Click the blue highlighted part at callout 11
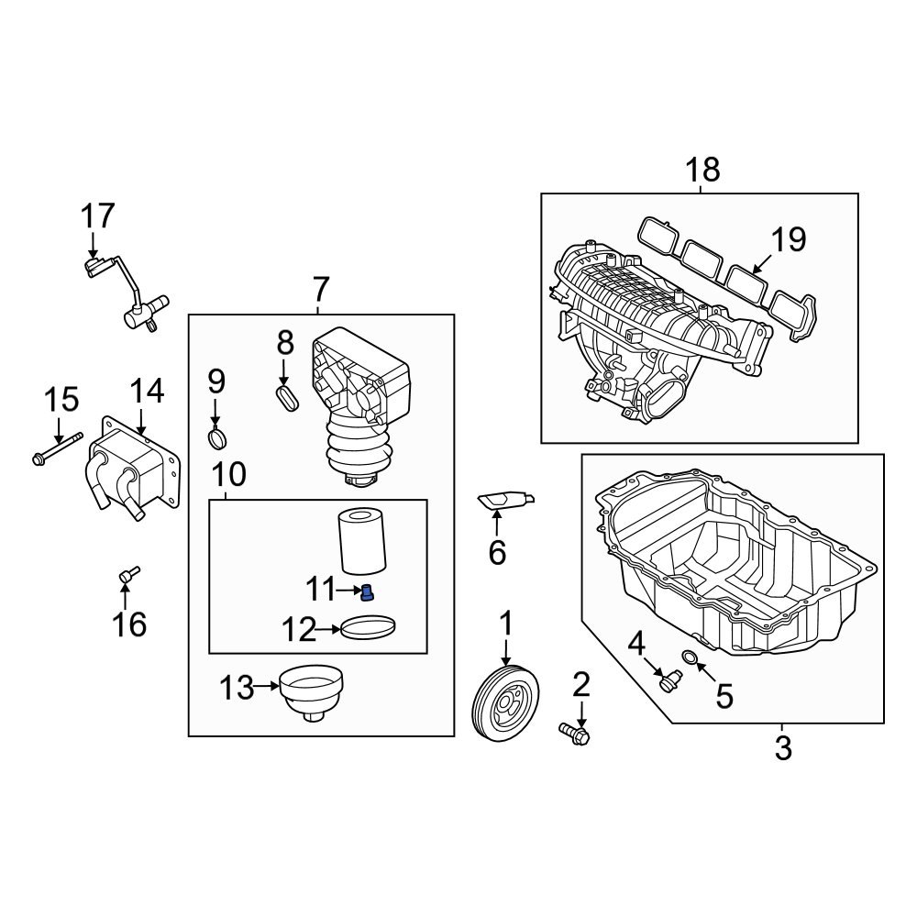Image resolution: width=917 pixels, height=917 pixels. (368, 592)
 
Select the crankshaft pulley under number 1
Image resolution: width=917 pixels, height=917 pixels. (504, 703)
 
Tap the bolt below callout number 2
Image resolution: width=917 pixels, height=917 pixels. (574, 734)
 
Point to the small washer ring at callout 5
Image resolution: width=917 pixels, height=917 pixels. (691, 657)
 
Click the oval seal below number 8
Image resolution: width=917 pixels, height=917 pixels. (287, 397)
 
